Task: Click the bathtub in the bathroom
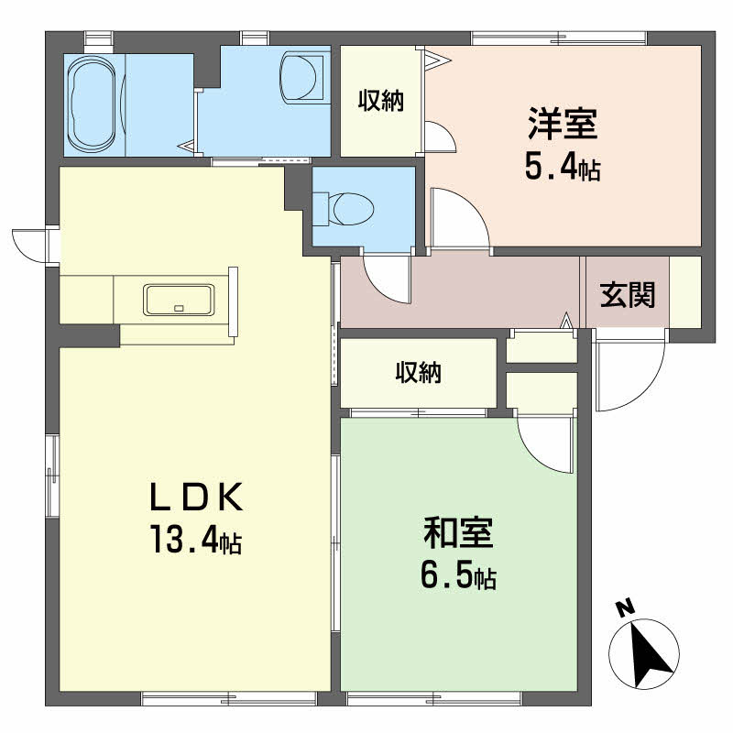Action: (92, 104)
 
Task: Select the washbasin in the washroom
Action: (301, 78)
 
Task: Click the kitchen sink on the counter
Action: (179, 300)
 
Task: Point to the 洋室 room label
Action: (563, 124)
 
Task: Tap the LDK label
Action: (196, 497)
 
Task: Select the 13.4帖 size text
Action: (196, 539)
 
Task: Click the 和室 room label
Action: (457, 532)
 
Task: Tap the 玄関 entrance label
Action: (628, 294)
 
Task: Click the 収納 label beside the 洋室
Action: (381, 101)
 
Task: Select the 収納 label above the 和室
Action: (419, 373)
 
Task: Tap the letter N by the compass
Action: (625, 607)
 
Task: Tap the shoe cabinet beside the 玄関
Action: (685, 292)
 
